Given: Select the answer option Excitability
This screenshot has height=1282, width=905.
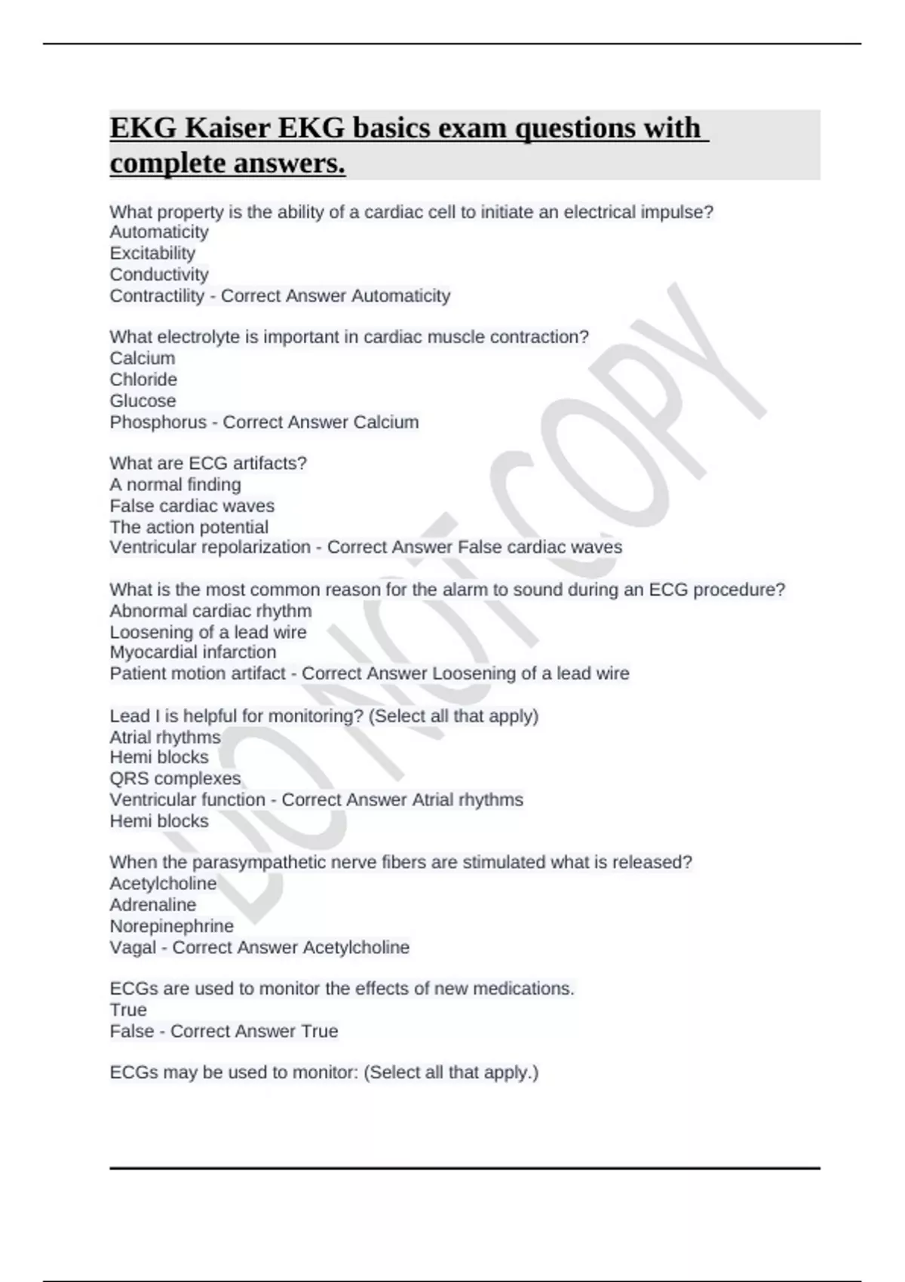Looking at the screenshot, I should (152, 253).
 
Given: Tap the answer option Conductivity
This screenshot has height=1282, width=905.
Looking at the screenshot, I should (159, 274).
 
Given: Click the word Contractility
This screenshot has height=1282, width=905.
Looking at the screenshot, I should (157, 296).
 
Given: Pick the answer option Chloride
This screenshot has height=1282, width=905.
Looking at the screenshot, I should (143, 379).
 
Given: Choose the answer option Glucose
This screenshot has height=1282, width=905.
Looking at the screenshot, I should (143, 400).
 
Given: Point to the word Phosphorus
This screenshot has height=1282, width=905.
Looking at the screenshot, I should (158, 422).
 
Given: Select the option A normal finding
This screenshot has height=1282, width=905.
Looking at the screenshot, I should (175, 484).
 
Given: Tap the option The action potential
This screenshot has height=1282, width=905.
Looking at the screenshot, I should (189, 526).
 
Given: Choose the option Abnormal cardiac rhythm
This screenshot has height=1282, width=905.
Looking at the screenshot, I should (210, 610).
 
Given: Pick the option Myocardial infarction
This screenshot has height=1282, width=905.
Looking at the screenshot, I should (193, 652).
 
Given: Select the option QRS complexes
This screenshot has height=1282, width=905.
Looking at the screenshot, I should (175, 778).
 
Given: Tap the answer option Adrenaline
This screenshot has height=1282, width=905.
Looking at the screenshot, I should (152, 904).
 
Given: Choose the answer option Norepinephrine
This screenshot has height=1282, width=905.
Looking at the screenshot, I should (171, 925).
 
